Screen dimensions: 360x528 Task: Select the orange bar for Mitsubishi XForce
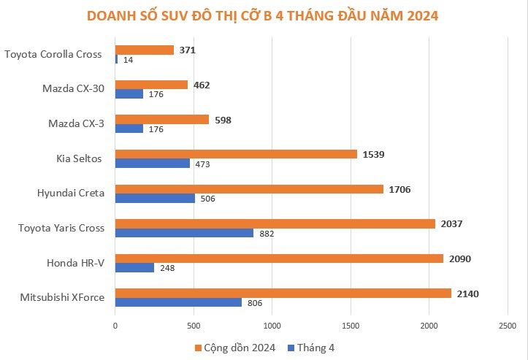click(x=283, y=293)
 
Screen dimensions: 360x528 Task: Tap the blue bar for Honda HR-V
click(x=134, y=267)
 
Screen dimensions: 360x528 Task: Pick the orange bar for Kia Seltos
click(x=236, y=154)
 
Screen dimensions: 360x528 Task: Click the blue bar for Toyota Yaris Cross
click(x=184, y=233)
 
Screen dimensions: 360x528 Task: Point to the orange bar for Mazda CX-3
click(x=161, y=119)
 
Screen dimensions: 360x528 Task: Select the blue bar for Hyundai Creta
click(x=155, y=199)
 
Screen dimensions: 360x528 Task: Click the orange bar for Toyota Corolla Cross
click(x=144, y=50)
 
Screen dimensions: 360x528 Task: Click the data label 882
click(x=267, y=234)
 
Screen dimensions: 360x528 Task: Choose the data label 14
click(x=128, y=60)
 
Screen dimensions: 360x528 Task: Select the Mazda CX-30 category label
click(x=73, y=90)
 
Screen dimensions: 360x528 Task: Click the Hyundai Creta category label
click(x=71, y=194)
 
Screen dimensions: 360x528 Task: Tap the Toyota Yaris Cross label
click(x=61, y=228)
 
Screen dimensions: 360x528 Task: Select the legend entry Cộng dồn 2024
click(x=234, y=348)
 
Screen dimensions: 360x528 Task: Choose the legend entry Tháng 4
click(x=311, y=348)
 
